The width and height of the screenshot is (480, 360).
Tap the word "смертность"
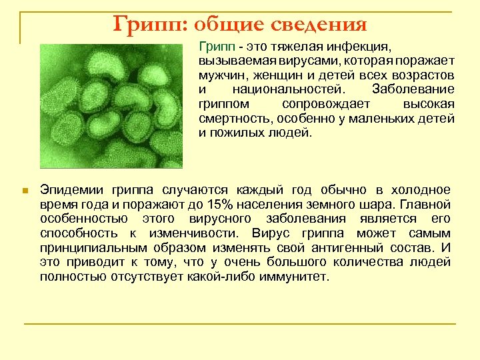tap(230, 118)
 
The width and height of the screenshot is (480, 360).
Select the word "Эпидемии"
tap(70, 190)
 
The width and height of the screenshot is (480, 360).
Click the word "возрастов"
tap(423, 75)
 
